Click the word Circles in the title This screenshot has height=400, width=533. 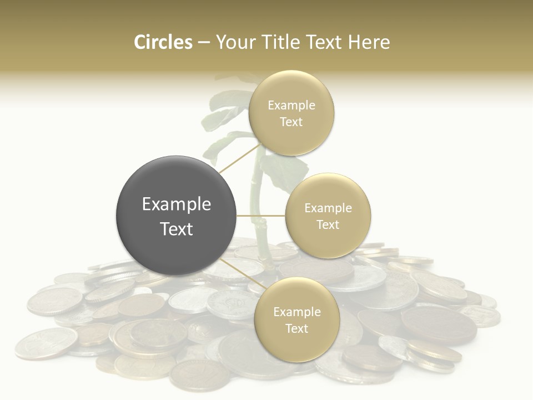(x=163, y=42)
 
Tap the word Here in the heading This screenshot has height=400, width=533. (x=369, y=42)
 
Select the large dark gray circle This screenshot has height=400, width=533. (x=176, y=216)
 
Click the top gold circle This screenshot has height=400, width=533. (x=291, y=113)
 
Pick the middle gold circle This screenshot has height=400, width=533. (x=328, y=216)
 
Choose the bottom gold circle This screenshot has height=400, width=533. (x=297, y=320)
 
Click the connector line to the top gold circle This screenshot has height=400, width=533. (x=240, y=158)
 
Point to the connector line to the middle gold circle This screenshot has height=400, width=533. (x=260, y=216)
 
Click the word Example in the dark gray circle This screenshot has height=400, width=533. (x=176, y=204)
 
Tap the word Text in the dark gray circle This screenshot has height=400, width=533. (x=176, y=229)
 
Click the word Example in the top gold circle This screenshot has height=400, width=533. (x=291, y=105)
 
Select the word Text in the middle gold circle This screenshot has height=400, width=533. (x=328, y=224)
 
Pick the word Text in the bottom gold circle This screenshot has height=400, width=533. (x=297, y=328)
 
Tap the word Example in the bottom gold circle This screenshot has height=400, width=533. (x=297, y=312)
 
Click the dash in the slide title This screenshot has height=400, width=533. (x=204, y=43)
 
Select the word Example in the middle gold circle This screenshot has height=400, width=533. (x=328, y=208)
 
